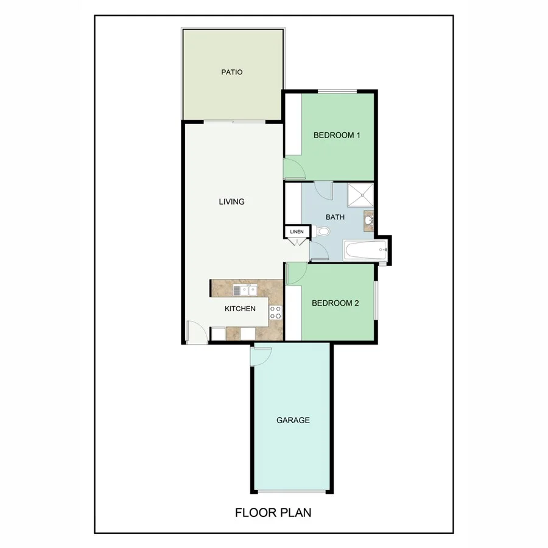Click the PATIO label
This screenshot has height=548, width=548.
point(231,72)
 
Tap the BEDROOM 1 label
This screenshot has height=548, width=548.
point(337,135)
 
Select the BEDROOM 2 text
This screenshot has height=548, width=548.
point(335,303)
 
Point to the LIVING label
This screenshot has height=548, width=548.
point(231,202)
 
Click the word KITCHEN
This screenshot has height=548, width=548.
point(240,309)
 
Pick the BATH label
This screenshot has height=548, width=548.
point(335,217)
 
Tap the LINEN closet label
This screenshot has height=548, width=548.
point(297,232)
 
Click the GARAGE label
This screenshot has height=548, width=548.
point(293,420)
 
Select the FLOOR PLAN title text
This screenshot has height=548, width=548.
point(273,513)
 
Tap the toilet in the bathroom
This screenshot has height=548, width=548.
point(322,231)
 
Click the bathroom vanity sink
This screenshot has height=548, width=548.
point(369,221)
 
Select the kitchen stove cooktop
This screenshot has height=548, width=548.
point(276,313)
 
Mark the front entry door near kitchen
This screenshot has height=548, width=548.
point(195,332)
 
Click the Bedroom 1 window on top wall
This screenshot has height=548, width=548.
point(337,91)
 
